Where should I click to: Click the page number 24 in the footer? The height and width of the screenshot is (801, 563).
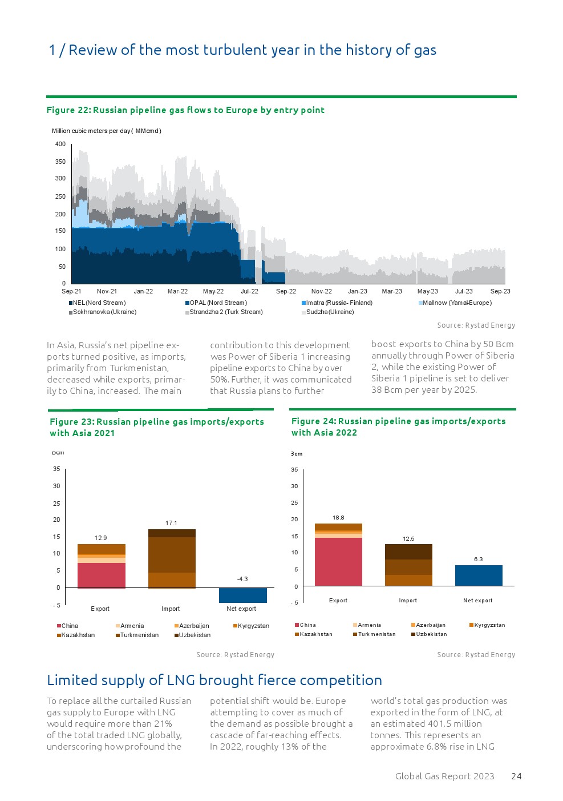click(x=516, y=776)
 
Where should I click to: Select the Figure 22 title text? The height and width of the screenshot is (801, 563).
click(x=185, y=110)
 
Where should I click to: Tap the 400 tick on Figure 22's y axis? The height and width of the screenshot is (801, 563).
click(x=60, y=144)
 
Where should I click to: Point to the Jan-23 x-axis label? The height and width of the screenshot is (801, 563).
click(x=358, y=291)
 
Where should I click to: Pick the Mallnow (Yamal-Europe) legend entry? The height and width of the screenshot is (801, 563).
click(x=456, y=303)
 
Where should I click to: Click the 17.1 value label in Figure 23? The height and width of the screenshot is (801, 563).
click(x=171, y=523)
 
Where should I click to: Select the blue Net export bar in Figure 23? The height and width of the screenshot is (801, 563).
click(x=242, y=595)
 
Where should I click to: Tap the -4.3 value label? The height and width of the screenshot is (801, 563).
click(x=242, y=579)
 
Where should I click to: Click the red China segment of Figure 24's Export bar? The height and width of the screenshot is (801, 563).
click(x=338, y=561)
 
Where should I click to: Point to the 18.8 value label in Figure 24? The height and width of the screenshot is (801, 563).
click(x=338, y=518)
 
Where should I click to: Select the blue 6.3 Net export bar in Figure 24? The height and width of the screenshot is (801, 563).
click(x=479, y=575)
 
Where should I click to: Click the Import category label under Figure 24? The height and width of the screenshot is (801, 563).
click(x=408, y=601)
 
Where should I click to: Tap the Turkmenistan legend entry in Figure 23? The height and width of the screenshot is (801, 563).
click(x=139, y=635)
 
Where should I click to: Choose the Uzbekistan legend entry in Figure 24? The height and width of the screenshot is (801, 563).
click(x=431, y=634)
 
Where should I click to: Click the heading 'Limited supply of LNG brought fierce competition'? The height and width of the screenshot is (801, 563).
click(x=214, y=680)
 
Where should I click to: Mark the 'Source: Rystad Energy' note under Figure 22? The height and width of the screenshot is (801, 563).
click(x=476, y=325)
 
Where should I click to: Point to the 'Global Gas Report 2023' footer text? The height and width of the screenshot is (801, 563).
click(x=444, y=776)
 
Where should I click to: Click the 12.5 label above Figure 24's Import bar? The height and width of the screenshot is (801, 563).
click(x=408, y=538)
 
